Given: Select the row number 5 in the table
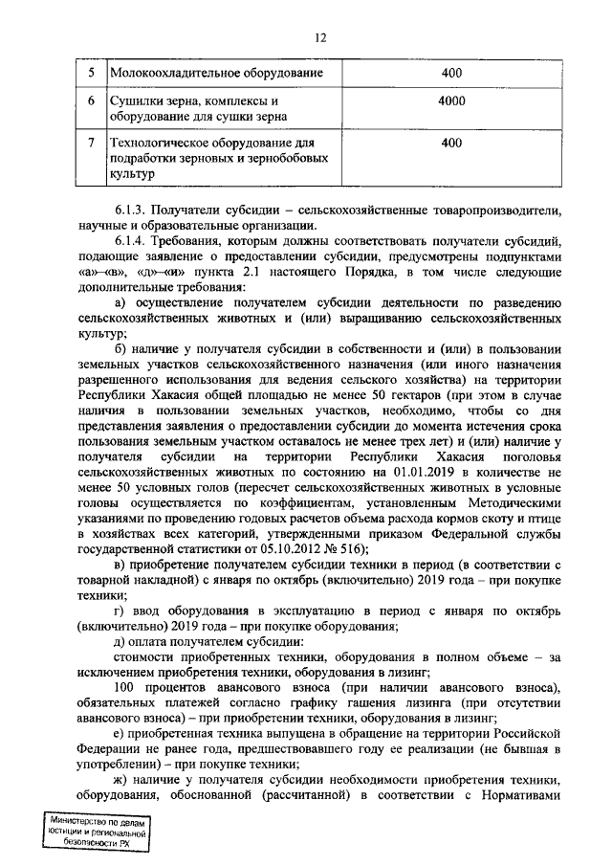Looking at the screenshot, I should pos(90,73).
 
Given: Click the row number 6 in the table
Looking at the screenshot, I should pos(90,100).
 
